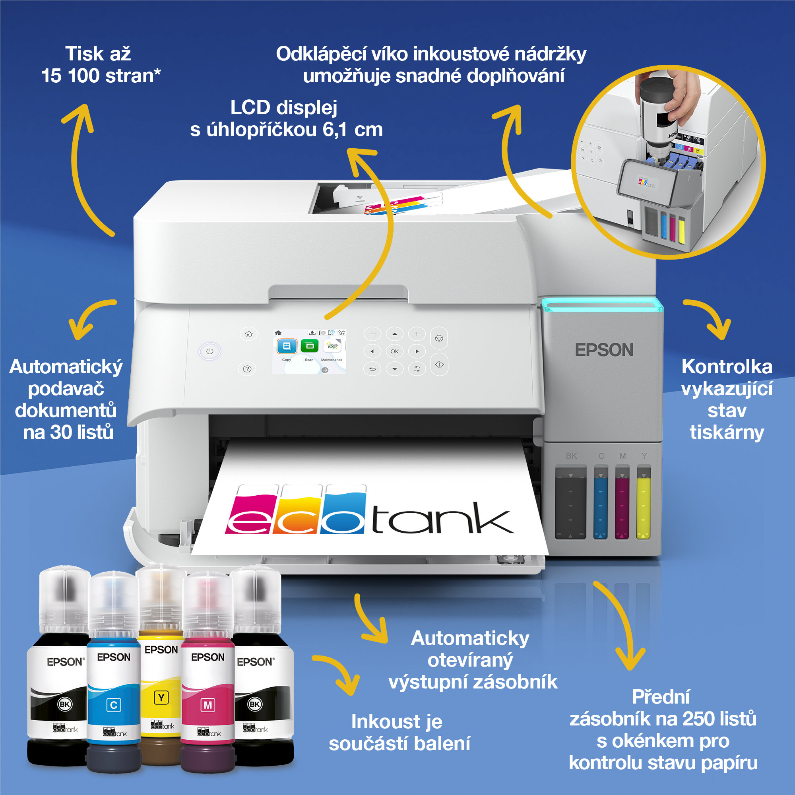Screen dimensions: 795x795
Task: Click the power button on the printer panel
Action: point(210,351)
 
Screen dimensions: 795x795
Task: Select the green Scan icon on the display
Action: point(309,346)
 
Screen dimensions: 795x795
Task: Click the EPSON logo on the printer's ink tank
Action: point(604,350)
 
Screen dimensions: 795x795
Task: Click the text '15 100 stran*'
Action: point(101,76)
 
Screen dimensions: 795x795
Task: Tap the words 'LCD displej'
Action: point(283,108)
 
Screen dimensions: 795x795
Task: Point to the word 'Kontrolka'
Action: point(727,367)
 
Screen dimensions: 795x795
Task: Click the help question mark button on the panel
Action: point(247,369)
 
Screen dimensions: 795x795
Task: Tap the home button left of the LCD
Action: point(248,334)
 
